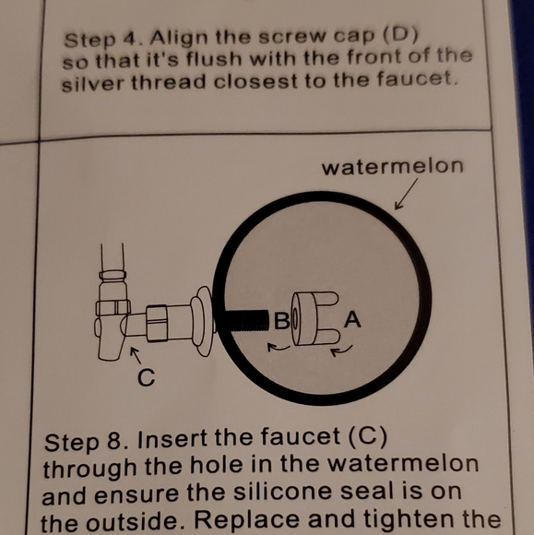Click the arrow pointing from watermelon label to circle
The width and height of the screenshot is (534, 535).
pos(405,196)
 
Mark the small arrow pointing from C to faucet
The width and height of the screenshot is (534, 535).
pos(135,355)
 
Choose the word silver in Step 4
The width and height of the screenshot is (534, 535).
pos(94,84)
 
